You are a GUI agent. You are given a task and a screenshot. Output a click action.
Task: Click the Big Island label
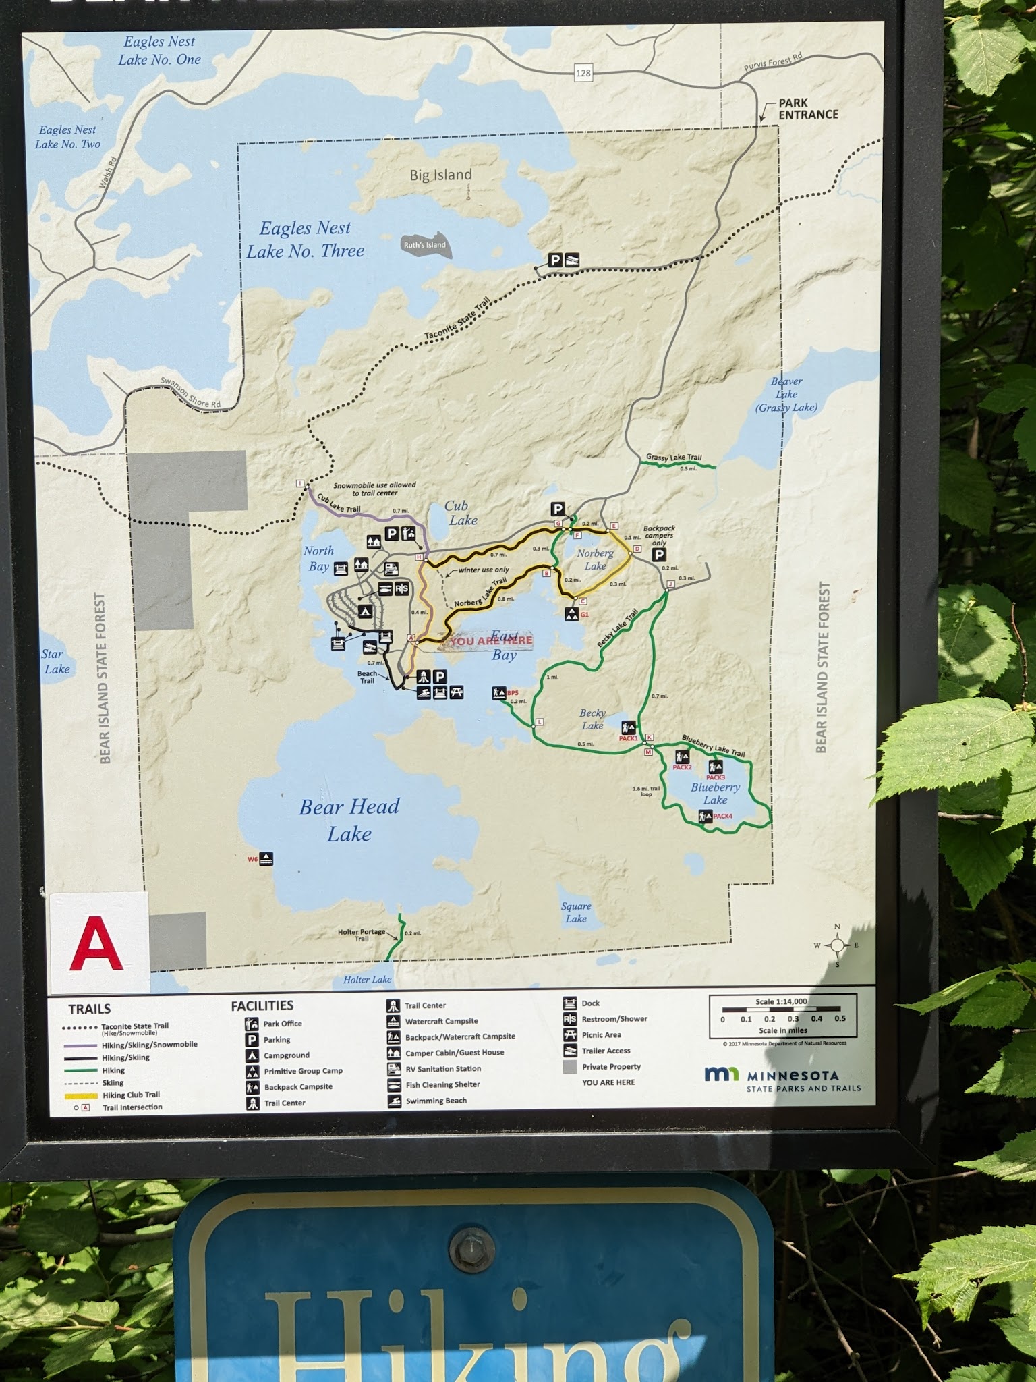(440, 175)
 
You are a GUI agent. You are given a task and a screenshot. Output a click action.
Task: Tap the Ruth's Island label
(424, 245)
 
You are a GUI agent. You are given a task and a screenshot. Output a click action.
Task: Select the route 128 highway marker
(583, 73)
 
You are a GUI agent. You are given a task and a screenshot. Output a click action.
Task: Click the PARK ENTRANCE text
(807, 109)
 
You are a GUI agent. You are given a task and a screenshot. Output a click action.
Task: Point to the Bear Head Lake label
(349, 820)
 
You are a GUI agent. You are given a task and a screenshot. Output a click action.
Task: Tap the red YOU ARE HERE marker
(490, 640)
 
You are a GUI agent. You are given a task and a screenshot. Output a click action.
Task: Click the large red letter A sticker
(96, 943)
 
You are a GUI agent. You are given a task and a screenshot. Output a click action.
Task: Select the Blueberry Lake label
(715, 794)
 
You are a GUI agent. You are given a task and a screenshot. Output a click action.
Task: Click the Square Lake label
(576, 912)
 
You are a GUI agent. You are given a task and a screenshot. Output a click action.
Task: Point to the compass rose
(837, 945)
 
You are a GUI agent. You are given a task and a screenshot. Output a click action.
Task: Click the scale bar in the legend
(782, 1014)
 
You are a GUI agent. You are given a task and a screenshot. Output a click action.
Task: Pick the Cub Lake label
(462, 513)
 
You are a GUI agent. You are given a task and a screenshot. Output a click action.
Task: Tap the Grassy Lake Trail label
(673, 458)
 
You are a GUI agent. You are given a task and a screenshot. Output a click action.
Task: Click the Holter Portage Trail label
(362, 935)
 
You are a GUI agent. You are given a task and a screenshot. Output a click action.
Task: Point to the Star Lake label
(55, 661)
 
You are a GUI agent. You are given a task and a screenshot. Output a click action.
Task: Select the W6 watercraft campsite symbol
(266, 859)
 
